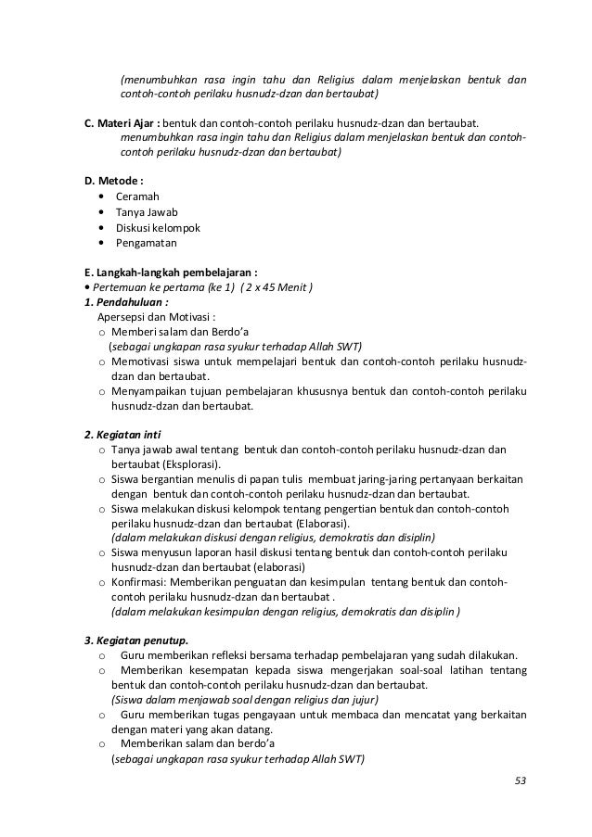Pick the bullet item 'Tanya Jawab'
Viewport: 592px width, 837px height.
[147, 212]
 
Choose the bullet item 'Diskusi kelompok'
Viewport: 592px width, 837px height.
[158, 228]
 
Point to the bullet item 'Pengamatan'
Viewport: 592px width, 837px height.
[146, 243]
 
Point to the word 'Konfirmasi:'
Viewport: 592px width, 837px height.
[139, 582]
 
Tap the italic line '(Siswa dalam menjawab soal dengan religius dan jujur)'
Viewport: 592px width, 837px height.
[245, 700]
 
